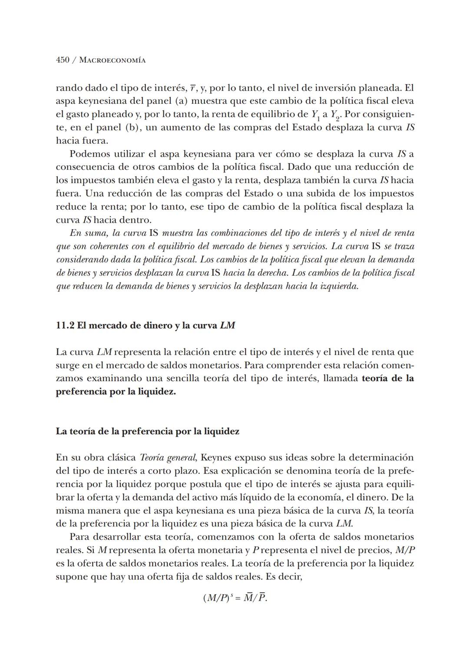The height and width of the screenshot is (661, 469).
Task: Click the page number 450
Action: click(63, 60)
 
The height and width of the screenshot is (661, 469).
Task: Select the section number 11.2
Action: click(65, 326)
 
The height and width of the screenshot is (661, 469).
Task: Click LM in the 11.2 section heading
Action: click(227, 326)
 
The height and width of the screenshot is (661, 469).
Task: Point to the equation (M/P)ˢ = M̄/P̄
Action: click(235, 598)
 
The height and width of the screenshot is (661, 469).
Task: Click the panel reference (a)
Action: click(181, 101)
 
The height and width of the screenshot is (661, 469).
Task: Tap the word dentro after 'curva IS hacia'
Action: click(136, 220)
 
